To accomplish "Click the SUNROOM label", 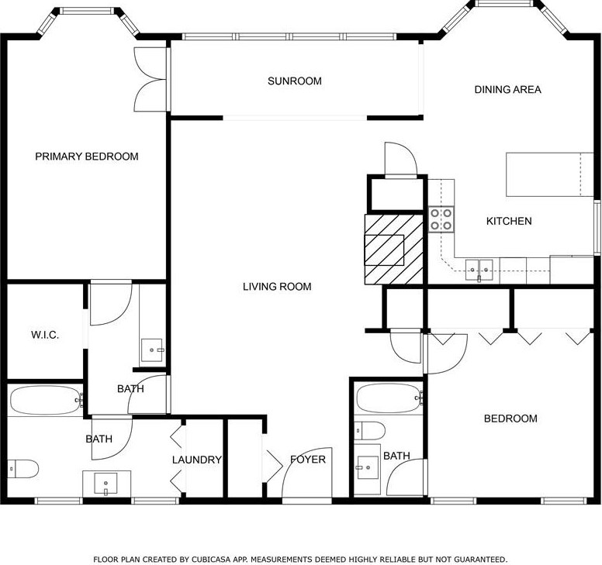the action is [x=295, y=81].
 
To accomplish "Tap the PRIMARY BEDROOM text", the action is [x=87, y=157].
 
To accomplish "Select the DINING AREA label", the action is [x=508, y=89].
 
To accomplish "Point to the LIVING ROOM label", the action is [x=277, y=287].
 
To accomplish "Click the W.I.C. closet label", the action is [x=45, y=335].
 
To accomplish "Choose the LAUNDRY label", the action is [x=197, y=460].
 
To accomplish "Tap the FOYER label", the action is [x=308, y=459].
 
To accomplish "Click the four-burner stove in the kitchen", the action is [x=441, y=219].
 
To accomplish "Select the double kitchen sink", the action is [x=479, y=270].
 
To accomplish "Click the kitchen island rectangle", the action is [x=550, y=174].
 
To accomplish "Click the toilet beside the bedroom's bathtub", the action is [x=369, y=431].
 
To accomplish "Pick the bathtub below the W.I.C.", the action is [x=47, y=400].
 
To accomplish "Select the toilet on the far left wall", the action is [x=23, y=469].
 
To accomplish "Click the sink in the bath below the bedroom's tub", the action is [x=368, y=467].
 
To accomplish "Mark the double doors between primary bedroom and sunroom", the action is [x=150, y=80].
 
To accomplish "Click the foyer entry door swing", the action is [x=306, y=474].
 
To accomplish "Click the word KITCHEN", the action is [x=509, y=222].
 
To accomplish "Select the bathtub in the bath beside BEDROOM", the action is [x=389, y=398].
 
